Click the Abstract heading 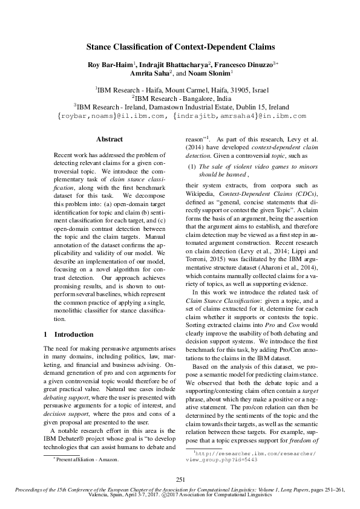[110, 139]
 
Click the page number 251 [180, 479]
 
